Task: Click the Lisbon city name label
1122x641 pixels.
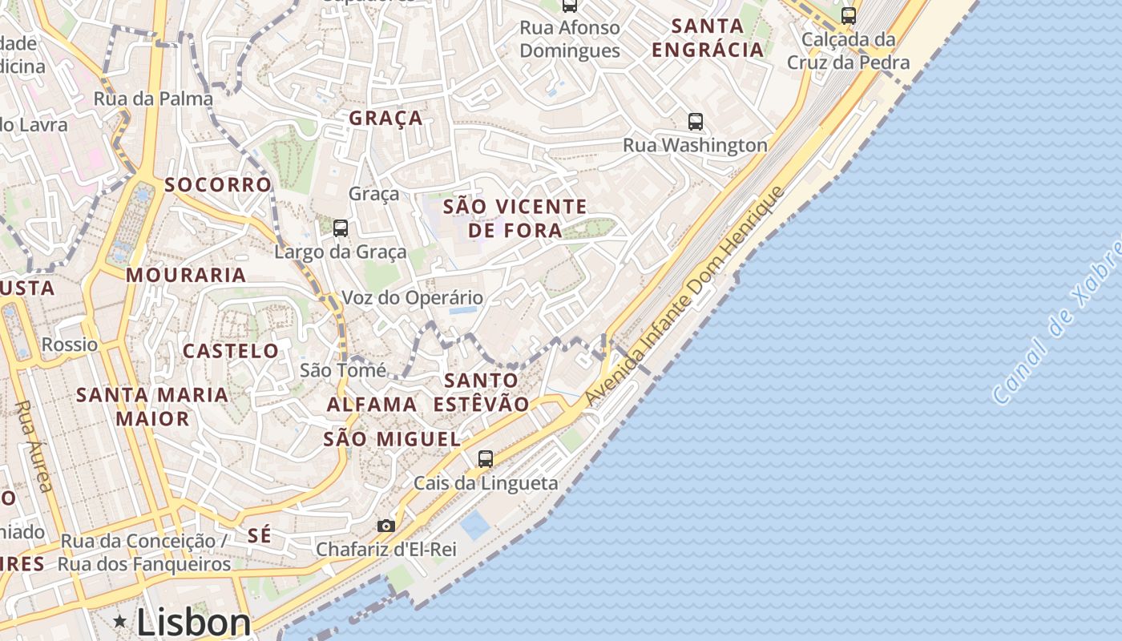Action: point(193,622)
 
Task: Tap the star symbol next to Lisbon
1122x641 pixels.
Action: point(120,621)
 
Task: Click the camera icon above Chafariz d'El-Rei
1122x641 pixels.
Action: point(386,526)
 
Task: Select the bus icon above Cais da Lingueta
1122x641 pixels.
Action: point(486,459)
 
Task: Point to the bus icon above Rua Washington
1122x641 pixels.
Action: point(696,122)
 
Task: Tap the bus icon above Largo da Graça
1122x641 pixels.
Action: point(341,228)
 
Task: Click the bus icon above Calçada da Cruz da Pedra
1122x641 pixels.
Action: point(849,15)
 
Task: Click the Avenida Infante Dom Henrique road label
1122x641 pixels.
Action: point(685,296)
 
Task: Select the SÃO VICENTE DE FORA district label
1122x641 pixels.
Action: point(515,218)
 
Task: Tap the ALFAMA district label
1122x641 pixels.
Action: point(372,405)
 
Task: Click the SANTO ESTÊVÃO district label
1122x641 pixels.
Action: point(481,392)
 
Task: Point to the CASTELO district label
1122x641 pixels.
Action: point(231,351)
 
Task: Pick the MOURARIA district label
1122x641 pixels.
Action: point(186,276)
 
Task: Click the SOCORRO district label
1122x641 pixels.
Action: point(218,185)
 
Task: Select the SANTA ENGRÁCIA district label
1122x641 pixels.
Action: point(708,38)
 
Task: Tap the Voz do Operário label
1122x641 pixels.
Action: point(413,298)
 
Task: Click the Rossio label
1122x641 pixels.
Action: point(70,345)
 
